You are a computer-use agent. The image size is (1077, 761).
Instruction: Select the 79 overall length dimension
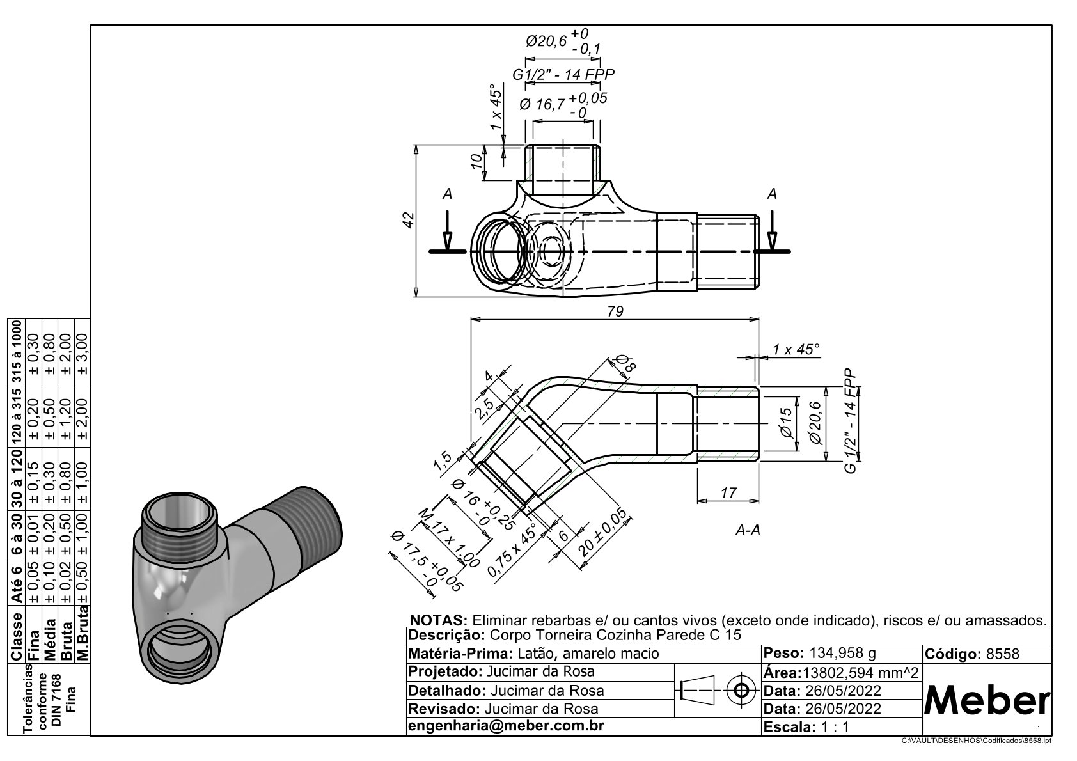[x=615, y=311]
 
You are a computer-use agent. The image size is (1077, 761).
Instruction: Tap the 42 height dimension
[x=410, y=219]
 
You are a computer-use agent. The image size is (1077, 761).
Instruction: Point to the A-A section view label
[x=748, y=530]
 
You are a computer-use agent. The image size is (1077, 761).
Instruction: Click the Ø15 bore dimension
[x=787, y=423]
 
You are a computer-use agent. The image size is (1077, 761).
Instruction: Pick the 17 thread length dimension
[x=728, y=492]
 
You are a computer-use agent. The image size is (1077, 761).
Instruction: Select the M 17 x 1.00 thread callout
[x=448, y=539]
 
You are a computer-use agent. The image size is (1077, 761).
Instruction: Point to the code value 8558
[x=1003, y=654]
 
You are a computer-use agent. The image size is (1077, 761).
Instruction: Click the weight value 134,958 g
[x=842, y=654]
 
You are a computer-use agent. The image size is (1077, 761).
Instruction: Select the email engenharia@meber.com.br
[x=506, y=726]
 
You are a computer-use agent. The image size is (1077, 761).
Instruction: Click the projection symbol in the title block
[x=718, y=690]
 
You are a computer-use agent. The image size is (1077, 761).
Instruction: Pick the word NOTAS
[x=439, y=620]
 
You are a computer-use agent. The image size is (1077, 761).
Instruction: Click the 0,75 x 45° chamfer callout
[x=511, y=551]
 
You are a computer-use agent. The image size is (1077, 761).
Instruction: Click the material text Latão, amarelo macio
[x=588, y=654]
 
